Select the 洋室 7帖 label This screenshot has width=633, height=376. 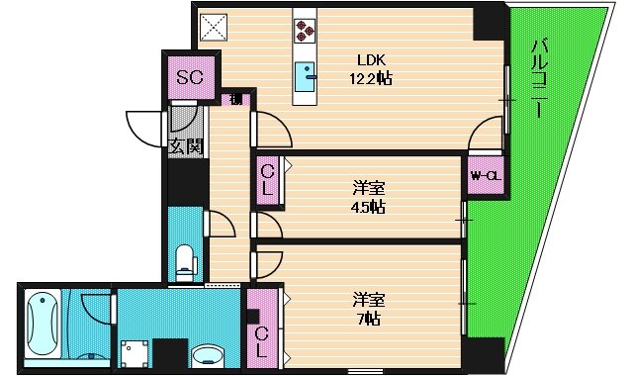pos(367,308)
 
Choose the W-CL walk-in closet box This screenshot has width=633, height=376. pos(485,175)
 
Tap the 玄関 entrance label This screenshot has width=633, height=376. pos(184,146)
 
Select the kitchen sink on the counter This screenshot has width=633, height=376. pos(306,72)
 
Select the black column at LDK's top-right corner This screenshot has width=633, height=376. pos(488,22)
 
